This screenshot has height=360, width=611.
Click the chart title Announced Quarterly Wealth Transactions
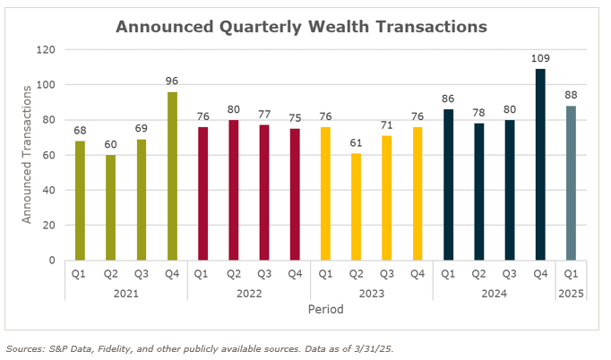[x=302, y=27]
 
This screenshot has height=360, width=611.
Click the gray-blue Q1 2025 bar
[x=571, y=183]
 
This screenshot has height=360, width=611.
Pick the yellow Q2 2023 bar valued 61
[x=357, y=207]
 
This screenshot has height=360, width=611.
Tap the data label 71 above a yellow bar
[x=387, y=126]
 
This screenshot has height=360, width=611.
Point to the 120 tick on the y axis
[x=45, y=50]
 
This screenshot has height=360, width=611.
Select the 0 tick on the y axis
[x=52, y=261]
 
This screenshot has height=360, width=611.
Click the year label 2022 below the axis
[x=248, y=292]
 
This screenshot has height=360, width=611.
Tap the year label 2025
[x=571, y=292]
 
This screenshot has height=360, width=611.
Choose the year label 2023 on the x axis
[x=372, y=292]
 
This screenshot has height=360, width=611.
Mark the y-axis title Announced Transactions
[x=28, y=154]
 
